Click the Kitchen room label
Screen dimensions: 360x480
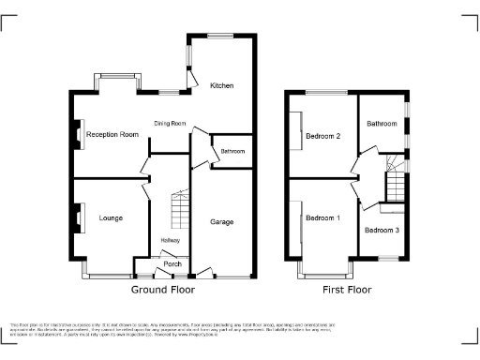point(221,86)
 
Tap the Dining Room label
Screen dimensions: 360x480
point(171,124)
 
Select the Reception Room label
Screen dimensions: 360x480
point(112,135)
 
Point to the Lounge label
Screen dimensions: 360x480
point(112,218)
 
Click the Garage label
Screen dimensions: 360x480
point(221,222)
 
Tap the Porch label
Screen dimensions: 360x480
point(172,264)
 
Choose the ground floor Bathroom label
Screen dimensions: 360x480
point(232,152)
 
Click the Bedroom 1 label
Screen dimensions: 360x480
point(322,218)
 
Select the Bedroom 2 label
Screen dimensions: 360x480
point(322,136)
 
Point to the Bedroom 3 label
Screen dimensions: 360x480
point(382,230)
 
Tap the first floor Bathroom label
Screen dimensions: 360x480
point(382,124)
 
